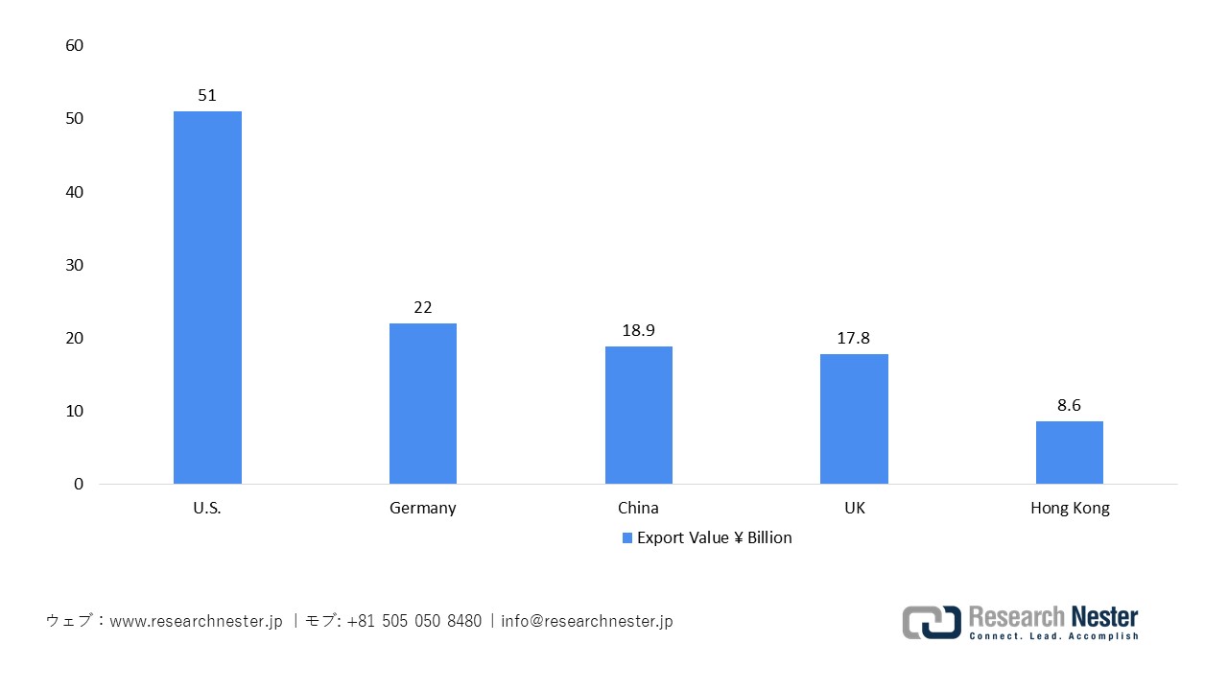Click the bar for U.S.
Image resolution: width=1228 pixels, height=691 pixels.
click(207, 298)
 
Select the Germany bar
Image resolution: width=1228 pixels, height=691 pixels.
click(423, 403)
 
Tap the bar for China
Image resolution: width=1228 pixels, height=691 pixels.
click(638, 415)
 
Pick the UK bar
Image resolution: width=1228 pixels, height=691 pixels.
click(854, 418)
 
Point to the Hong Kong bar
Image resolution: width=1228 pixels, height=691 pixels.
click(1070, 452)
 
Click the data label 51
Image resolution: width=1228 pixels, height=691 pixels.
click(207, 95)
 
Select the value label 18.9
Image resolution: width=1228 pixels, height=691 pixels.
click(638, 330)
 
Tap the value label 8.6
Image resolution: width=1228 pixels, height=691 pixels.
click(1070, 405)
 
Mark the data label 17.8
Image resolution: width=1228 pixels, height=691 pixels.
click(854, 338)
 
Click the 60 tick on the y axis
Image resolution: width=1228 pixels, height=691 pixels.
click(75, 46)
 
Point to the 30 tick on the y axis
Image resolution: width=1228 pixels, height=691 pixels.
click(75, 265)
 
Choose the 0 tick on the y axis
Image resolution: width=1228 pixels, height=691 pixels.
click(79, 484)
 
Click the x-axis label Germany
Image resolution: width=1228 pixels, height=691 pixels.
click(423, 508)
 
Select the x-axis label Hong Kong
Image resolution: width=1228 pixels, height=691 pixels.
click(1070, 508)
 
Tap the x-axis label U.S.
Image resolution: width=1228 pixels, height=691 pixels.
click(207, 508)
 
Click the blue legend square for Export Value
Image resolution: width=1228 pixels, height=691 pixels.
click(627, 538)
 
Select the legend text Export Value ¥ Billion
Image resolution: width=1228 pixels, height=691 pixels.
click(715, 537)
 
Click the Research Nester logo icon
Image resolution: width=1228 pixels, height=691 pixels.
click(931, 622)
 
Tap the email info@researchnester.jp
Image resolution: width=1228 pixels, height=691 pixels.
click(587, 621)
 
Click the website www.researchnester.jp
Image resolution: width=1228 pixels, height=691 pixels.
click(197, 621)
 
